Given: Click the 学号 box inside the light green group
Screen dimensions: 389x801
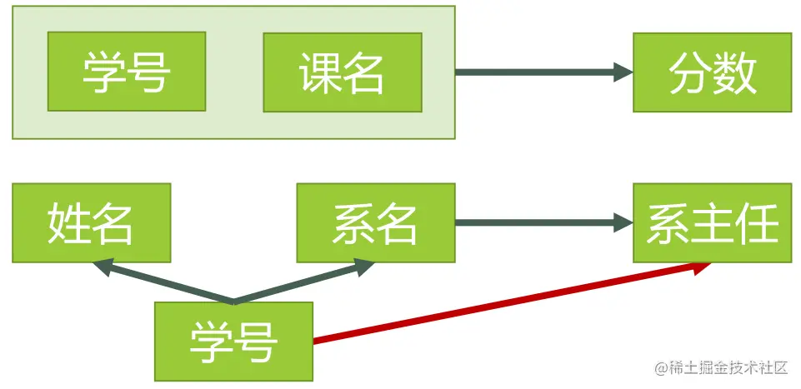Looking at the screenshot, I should (x=127, y=72).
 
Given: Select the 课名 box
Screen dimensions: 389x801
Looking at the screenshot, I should (x=342, y=72).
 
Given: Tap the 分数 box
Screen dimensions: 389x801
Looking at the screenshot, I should (x=712, y=72).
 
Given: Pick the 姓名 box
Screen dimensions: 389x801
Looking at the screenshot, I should (x=91, y=222).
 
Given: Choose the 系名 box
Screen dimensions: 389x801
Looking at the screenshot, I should (x=375, y=222).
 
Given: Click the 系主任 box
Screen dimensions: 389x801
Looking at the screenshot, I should (x=712, y=222).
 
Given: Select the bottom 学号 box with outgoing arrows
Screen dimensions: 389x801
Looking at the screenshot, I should (x=233, y=341).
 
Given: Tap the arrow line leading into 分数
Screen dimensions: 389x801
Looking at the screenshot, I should (x=533, y=72).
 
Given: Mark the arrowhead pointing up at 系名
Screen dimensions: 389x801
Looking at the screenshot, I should (x=365, y=267).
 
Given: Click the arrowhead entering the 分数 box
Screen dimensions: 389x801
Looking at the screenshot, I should (x=623, y=72).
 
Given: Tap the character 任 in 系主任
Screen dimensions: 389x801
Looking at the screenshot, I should (x=760, y=222).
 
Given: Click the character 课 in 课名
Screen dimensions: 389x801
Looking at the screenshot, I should (x=319, y=72).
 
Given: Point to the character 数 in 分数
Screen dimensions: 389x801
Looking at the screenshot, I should (x=735, y=72).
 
